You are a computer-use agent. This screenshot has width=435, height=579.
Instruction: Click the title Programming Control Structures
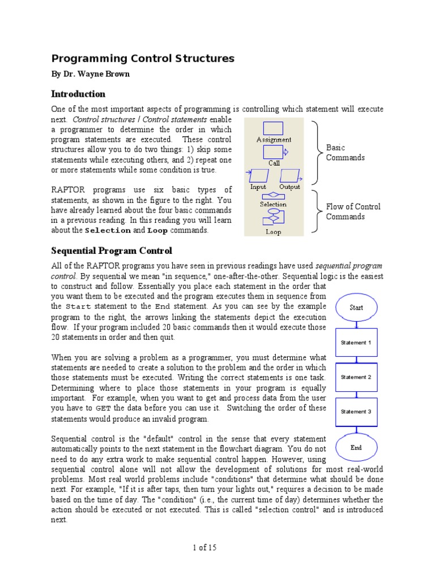coord(143,59)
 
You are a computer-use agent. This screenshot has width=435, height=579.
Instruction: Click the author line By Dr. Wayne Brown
coord(90,75)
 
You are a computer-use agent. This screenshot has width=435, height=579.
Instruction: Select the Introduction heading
coord(78,94)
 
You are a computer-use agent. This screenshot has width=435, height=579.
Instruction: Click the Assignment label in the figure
coord(274,140)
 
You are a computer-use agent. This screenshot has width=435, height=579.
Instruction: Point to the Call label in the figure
coord(274,163)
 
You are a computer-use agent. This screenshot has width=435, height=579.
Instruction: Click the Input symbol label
coord(258,187)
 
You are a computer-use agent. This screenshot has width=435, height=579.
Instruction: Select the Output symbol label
coord(289,187)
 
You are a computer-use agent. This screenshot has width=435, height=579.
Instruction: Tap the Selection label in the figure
coord(274,204)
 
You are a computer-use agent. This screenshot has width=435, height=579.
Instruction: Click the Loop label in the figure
coord(274,232)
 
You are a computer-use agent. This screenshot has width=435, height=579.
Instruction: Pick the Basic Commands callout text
coord(345,153)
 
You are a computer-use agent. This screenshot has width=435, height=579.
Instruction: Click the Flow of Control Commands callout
coord(353,211)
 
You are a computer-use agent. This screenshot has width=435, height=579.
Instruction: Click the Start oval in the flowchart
coord(356,308)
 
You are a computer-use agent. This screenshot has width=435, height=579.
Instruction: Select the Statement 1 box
coord(356,343)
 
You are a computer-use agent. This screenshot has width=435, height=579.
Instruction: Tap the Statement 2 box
coord(356,377)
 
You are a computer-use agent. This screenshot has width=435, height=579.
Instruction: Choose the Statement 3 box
coord(356,412)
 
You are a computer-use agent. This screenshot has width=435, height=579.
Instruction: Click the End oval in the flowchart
coord(356,447)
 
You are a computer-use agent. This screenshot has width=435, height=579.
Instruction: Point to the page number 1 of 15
coord(205,547)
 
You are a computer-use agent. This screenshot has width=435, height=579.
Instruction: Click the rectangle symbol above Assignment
coord(274,128)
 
